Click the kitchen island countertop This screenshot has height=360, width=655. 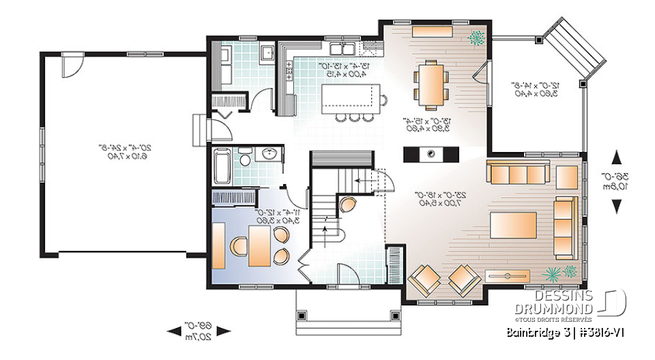coord(350,97)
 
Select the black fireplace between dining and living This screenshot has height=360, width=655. coord(431,154)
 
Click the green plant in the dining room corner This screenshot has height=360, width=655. coord(476,36)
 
